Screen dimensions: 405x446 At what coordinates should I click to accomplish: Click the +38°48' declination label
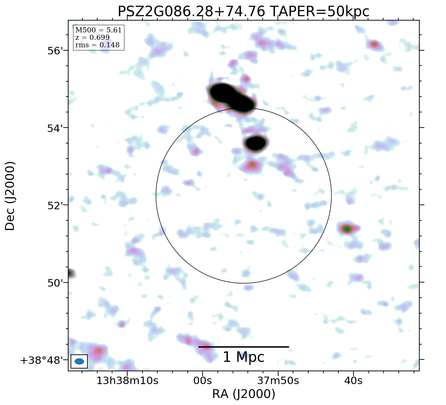[x=42, y=360]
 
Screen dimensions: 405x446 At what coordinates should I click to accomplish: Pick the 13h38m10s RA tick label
[x=127, y=381]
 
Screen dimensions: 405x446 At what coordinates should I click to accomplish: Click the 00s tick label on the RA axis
[x=203, y=381]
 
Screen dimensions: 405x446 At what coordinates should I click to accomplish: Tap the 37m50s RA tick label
[x=278, y=381]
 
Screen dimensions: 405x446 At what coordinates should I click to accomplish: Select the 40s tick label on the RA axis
[x=353, y=381]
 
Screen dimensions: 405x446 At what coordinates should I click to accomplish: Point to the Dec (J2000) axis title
[x=10, y=196]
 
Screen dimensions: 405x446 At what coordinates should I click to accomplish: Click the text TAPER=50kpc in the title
[x=319, y=12]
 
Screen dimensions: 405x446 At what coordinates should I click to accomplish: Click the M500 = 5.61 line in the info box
[x=98, y=30]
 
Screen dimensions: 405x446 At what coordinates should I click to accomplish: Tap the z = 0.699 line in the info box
[x=92, y=37]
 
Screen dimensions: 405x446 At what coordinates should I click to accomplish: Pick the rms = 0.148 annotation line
[x=97, y=45]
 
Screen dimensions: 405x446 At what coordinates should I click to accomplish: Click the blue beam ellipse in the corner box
[x=79, y=361]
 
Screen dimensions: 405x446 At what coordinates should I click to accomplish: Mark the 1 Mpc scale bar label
[x=243, y=357]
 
